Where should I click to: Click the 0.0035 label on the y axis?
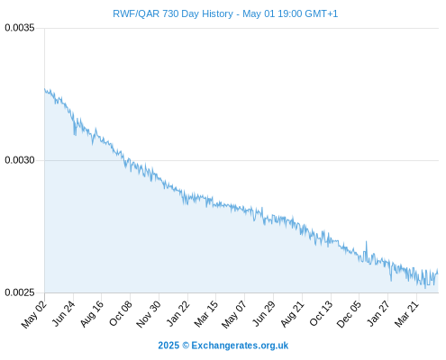[x=20, y=28]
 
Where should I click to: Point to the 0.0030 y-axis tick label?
[x=20, y=160]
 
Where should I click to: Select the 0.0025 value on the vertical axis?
[x=20, y=292]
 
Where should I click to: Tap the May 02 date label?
[x=34, y=314]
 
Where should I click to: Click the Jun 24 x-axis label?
[x=63, y=314]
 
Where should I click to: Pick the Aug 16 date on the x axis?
[x=91, y=314]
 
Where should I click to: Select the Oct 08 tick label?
[x=120, y=314]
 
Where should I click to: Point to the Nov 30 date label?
[x=149, y=314]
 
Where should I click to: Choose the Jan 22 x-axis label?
[x=177, y=314]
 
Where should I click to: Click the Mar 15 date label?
[x=205, y=314]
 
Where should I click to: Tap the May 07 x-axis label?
[x=233, y=314]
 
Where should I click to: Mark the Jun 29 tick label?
[x=263, y=314]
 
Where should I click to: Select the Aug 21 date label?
[x=292, y=314]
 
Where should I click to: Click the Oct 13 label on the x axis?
[x=321, y=314]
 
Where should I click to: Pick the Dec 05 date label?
[x=349, y=314]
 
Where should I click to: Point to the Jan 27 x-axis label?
[x=378, y=314]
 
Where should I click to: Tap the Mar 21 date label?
[x=406, y=314]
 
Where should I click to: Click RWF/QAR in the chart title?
[x=136, y=13]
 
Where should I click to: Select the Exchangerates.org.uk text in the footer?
[x=240, y=346]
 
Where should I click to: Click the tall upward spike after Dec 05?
[x=366, y=241]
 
